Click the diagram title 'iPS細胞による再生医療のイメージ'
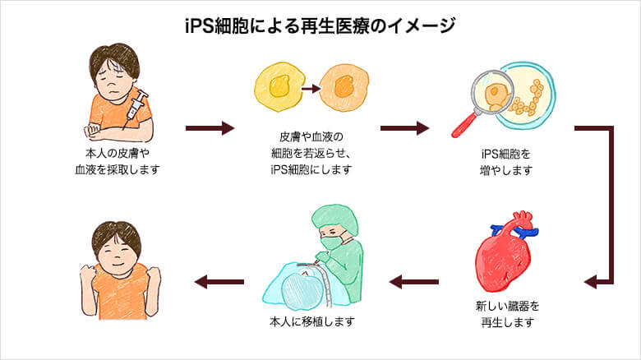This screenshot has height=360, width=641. (x=320, y=25)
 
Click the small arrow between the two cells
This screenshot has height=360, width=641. (x=309, y=84)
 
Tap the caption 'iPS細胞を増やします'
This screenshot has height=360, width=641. (x=506, y=162)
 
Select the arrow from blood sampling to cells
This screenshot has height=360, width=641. (x=210, y=129)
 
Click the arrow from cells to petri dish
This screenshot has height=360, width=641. (x=404, y=129)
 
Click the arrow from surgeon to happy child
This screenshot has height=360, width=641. (x=219, y=283)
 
